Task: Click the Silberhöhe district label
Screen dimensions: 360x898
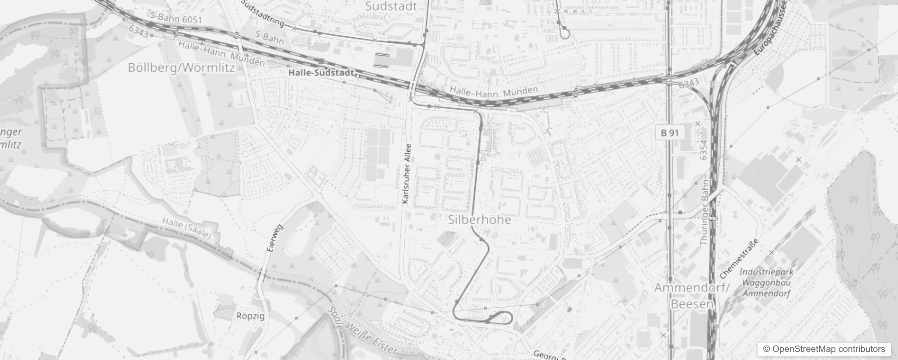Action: (480, 220)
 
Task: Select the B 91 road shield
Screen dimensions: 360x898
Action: (669, 133)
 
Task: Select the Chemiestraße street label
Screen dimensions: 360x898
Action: (739, 259)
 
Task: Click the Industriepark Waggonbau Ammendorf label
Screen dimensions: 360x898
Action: (766, 283)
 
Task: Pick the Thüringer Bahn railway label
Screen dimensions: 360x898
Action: (705, 212)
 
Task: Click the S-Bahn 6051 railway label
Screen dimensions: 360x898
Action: (176, 18)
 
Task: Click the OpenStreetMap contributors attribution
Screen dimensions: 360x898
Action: (823, 349)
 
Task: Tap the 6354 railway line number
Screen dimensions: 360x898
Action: (704, 150)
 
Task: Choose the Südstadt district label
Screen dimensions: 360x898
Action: (391, 6)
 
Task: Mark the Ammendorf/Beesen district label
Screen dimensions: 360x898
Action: (691, 296)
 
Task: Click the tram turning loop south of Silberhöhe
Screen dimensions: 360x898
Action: (500, 318)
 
